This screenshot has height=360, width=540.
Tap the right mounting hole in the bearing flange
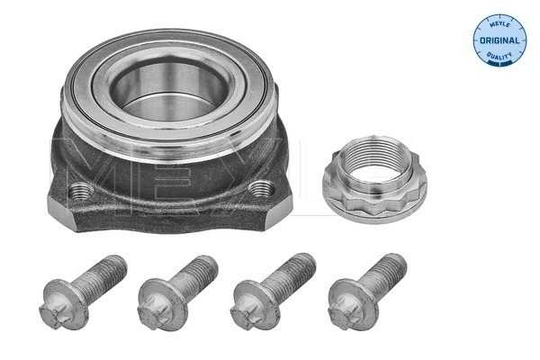click(262, 188)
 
